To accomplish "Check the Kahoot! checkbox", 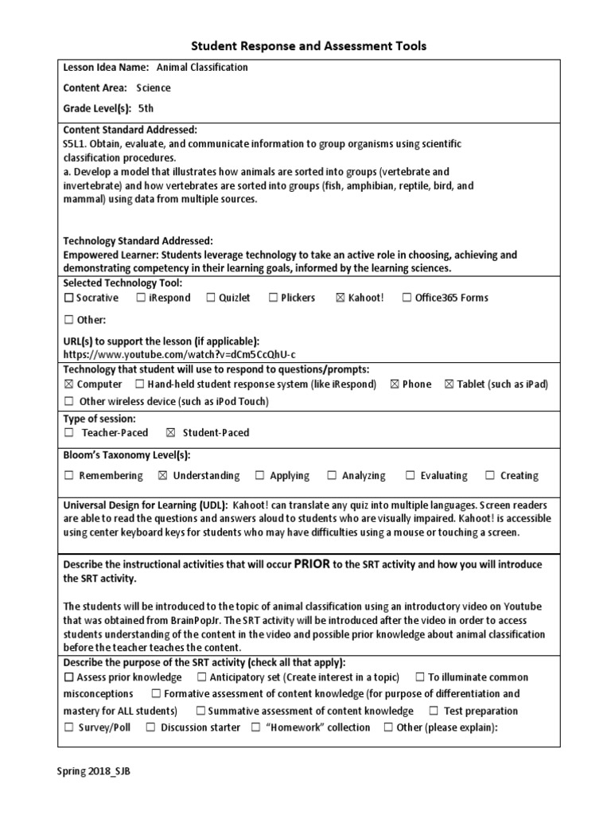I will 341,298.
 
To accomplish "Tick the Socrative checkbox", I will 68,298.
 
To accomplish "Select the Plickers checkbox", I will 273,298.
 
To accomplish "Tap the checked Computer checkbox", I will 68,384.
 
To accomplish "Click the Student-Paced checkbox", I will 169,433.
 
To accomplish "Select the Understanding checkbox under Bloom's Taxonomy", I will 163,476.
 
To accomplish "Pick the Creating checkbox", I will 492,476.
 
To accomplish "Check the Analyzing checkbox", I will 332,476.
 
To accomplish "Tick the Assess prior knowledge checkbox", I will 68,678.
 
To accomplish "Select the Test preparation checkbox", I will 434,712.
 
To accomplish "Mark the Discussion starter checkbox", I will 150,728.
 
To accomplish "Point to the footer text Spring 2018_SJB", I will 93,770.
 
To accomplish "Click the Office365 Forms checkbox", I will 407,298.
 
